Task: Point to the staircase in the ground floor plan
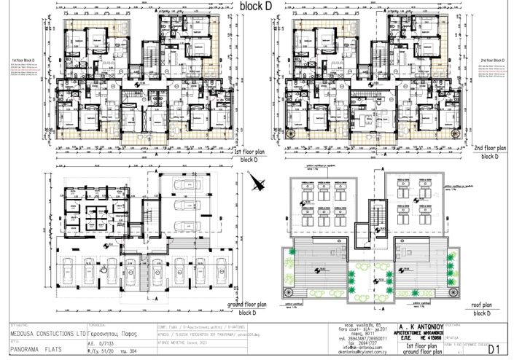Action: tap(143, 274)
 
